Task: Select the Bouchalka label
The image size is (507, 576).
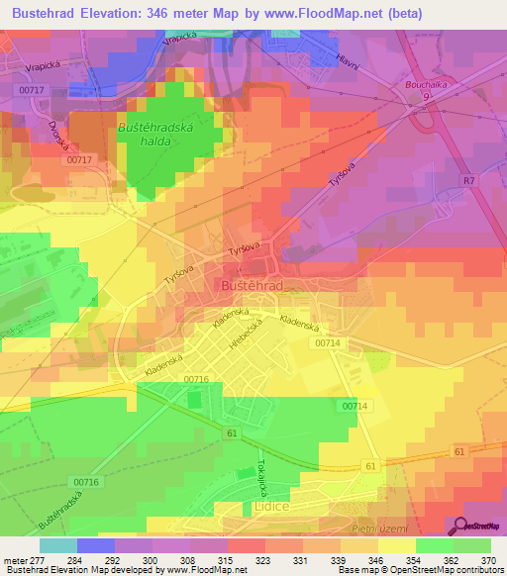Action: [x=427, y=85]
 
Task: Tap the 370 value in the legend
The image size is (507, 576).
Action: [x=488, y=559]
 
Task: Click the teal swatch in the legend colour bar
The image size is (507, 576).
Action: [x=57, y=545]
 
